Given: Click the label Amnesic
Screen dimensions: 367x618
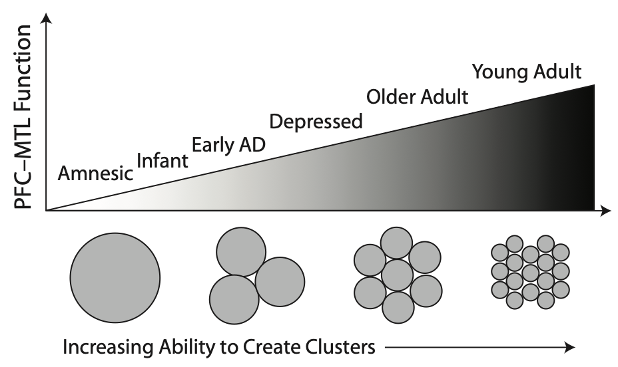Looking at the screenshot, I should point(95,174).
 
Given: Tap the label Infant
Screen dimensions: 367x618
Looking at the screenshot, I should point(162,160).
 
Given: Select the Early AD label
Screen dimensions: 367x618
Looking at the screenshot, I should point(228,144).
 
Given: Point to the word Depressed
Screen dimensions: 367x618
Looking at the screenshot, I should point(316,122).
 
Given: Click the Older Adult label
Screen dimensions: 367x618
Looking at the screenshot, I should point(418,97).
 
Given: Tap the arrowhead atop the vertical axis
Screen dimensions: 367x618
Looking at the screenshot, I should point(45,19).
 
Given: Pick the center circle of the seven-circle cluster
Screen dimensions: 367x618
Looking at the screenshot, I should point(398,275).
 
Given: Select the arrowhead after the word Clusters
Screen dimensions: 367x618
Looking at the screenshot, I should point(568,346).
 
